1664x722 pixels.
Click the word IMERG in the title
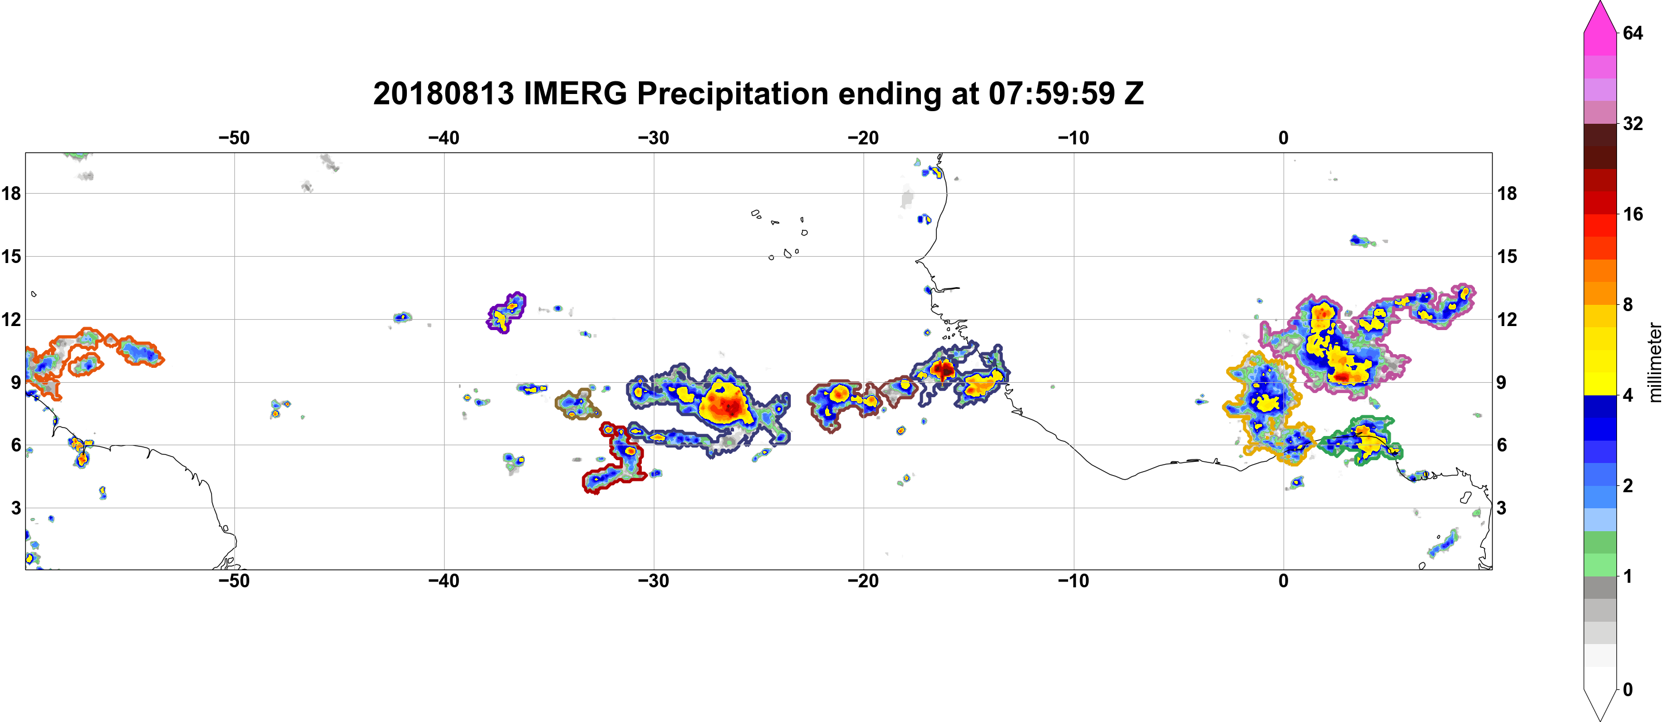click(574, 93)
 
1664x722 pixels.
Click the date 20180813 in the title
click(443, 93)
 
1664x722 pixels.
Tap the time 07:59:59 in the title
click(1051, 93)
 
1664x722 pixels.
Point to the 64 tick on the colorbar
click(1632, 33)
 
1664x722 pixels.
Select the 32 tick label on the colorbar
click(1632, 123)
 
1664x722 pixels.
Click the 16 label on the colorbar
click(1632, 214)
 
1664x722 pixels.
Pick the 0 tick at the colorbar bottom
click(1627, 690)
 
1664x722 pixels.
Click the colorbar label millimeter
click(1654, 362)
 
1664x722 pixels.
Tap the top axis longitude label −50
click(234, 138)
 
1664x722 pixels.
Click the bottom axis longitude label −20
click(864, 581)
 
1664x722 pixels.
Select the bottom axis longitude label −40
click(444, 581)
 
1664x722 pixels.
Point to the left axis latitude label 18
click(11, 193)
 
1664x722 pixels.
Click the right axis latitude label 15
click(1507, 256)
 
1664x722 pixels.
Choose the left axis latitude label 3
click(16, 508)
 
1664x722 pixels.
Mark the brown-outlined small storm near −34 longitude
click(578, 403)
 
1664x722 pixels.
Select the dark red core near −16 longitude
click(944, 370)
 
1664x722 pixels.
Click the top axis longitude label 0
click(1284, 138)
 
